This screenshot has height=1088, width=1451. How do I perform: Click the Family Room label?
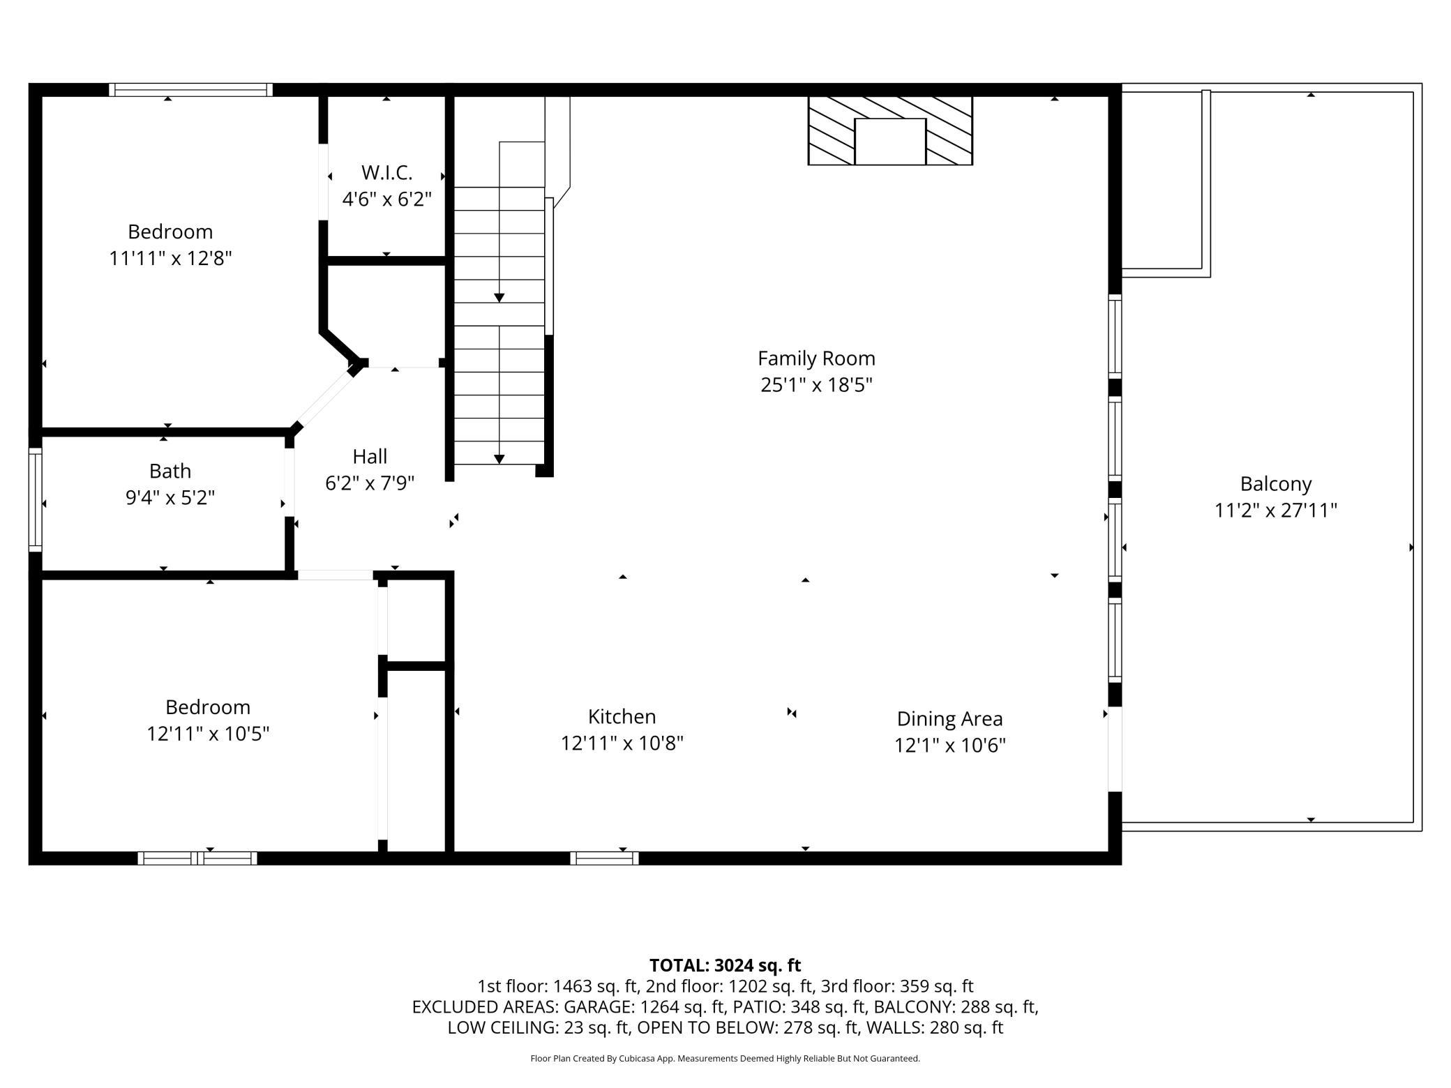[x=816, y=358]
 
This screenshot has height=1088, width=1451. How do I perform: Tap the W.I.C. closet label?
[x=386, y=172]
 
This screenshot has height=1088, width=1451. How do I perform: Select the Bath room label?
[x=170, y=471]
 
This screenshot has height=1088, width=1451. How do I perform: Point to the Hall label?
[x=370, y=457]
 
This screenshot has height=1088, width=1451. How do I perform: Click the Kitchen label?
[x=622, y=717]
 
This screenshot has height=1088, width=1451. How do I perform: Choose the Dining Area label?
[x=949, y=719]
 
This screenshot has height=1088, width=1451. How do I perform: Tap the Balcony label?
[x=1276, y=484]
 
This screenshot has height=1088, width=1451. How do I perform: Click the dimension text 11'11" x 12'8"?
[x=170, y=259]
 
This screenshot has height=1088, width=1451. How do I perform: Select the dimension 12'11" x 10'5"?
[x=208, y=734]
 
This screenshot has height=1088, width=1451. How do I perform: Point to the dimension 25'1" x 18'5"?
[x=816, y=385]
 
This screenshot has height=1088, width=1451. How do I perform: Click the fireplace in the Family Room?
[x=890, y=130]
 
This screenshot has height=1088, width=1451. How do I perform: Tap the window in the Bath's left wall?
[x=35, y=500]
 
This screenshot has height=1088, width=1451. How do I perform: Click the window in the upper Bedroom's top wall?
[x=190, y=89]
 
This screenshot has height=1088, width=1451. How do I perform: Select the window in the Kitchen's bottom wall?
[x=604, y=858]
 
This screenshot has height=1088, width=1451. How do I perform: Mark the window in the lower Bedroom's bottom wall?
[x=197, y=858]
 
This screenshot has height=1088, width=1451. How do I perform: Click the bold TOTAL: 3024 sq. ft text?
[x=725, y=965]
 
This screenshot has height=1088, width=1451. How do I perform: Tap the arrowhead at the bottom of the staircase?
[x=499, y=459]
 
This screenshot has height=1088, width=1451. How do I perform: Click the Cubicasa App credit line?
[x=725, y=1059]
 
